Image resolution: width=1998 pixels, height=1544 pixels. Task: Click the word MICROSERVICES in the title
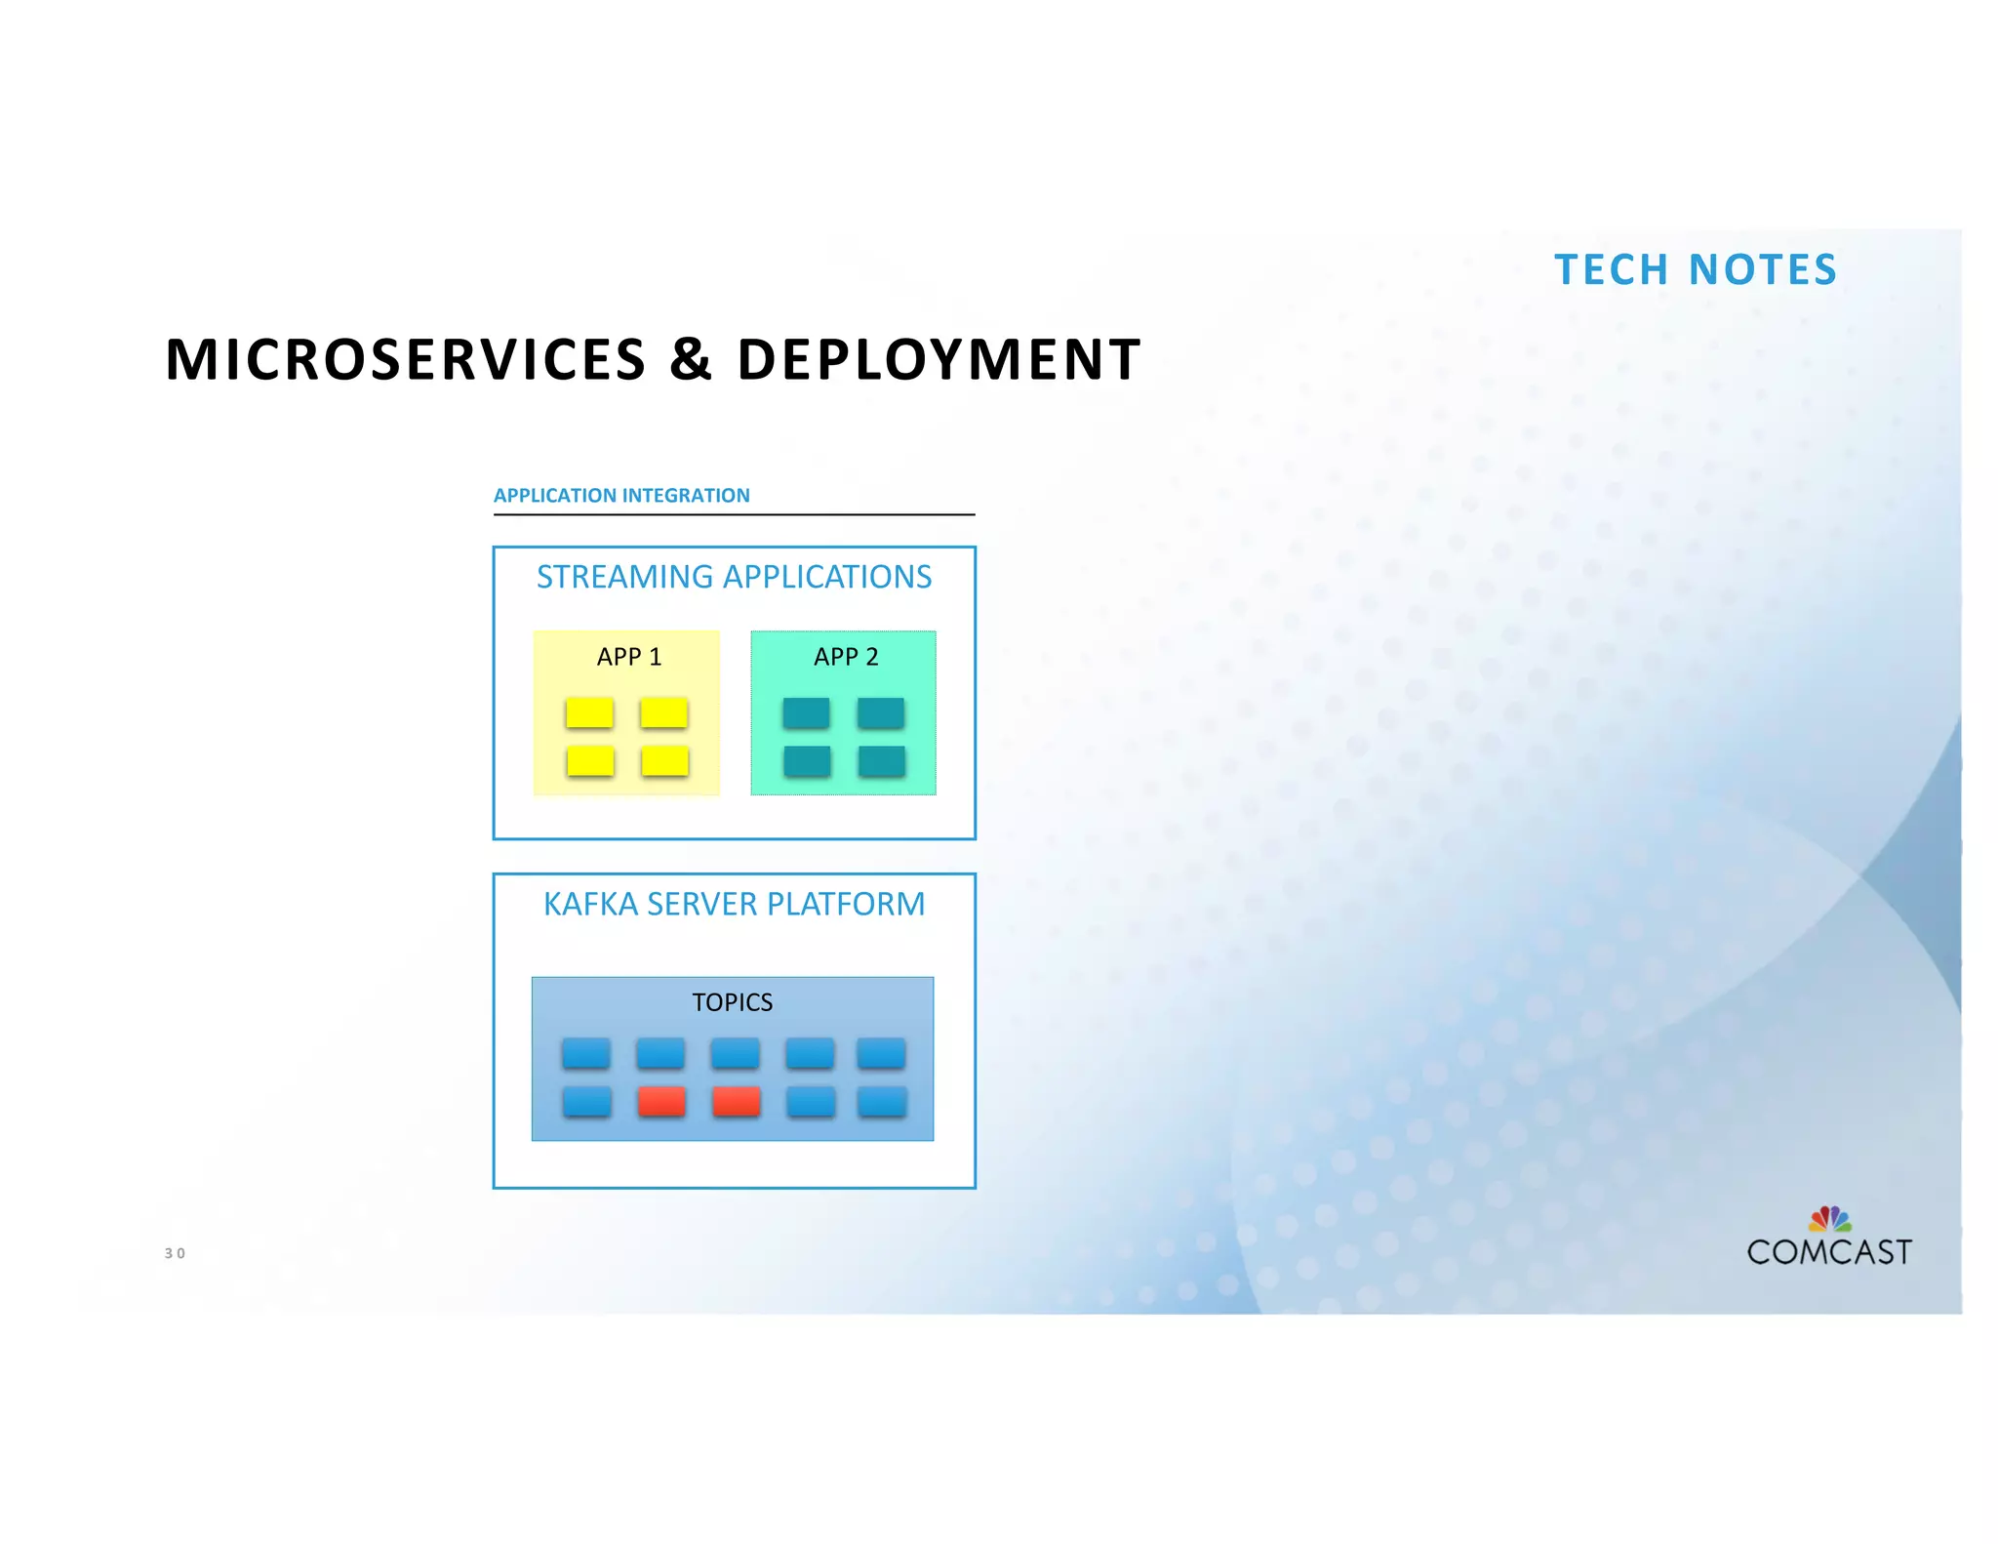click(x=405, y=359)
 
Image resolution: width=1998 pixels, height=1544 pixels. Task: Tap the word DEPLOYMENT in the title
click(x=938, y=359)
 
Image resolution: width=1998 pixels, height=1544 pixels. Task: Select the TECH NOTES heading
click(x=1696, y=269)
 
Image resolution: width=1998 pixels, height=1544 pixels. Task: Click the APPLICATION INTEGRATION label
click(x=621, y=496)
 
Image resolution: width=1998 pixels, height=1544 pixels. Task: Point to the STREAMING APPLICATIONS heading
click(x=734, y=577)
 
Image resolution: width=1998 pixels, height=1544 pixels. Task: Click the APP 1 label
click(x=628, y=657)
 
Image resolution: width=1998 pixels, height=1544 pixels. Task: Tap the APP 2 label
click(x=846, y=657)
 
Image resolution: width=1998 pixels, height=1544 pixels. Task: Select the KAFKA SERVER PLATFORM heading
click(x=734, y=904)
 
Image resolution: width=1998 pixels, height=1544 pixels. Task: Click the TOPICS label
click(x=732, y=1002)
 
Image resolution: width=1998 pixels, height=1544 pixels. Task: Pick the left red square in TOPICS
click(x=661, y=1102)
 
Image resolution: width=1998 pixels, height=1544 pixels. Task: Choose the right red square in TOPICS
click(x=737, y=1102)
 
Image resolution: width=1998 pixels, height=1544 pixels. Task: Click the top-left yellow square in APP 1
click(x=589, y=713)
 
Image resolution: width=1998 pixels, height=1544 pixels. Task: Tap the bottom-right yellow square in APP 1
click(x=665, y=761)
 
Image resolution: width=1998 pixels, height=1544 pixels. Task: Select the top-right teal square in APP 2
click(x=881, y=713)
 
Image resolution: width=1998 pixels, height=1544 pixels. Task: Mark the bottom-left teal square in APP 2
click(x=807, y=761)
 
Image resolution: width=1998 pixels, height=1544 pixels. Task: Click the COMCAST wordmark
click(x=1828, y=1252)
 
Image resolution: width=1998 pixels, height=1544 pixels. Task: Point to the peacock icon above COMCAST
click(x=1830, y=1219)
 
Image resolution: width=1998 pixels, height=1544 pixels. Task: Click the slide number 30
click(x=175, y=1253)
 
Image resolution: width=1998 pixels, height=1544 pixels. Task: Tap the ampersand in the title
click(x=691, y=359)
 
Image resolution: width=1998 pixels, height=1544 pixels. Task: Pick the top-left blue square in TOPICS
click(x=586, y=1054)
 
